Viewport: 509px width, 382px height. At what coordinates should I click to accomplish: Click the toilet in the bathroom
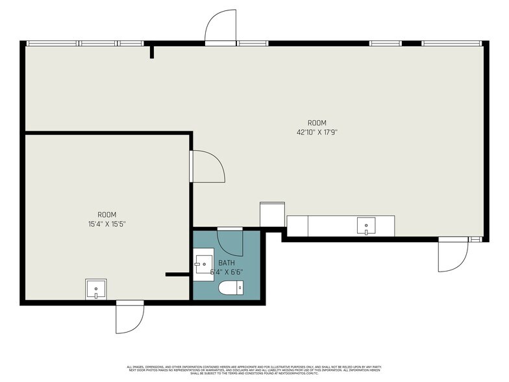pos(230,288)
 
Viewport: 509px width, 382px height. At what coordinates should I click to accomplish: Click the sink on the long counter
pos(367,227)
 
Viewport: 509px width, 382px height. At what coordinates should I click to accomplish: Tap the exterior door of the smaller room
pos(129,317)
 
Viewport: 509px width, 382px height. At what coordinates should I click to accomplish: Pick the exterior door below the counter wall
pos(452,255)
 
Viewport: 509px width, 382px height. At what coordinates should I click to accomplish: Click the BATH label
pos(226,263)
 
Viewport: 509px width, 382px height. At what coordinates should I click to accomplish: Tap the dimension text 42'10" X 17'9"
pos(317,132)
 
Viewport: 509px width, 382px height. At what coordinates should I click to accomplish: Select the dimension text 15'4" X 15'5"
pos(107,223)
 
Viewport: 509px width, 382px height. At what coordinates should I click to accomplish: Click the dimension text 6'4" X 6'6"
pos(227,272)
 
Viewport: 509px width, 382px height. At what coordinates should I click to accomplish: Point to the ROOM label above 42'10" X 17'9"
pos(317,123)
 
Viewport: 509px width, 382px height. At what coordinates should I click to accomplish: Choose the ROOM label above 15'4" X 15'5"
pos(107,214)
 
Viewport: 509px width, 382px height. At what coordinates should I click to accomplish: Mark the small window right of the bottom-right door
pos(477,239)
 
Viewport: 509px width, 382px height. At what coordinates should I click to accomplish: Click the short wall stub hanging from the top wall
pos(152,51)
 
